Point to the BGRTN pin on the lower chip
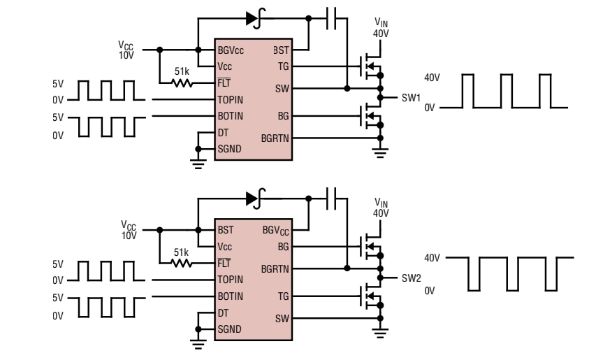[x=277, y=268]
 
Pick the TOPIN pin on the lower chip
[x=231, y=278]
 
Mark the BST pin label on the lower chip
[x=225, y=229]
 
